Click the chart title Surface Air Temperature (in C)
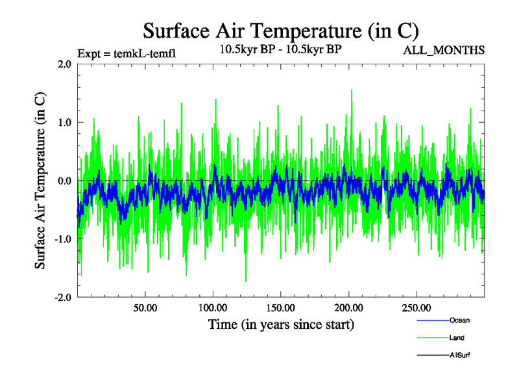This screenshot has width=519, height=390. tap(281, 31)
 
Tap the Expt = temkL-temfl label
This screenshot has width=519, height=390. tap(126, 53)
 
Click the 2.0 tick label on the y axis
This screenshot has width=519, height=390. tap(65, 64)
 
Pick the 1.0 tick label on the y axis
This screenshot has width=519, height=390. tap(65, 122)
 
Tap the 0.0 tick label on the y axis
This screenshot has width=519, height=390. tap(65, 181)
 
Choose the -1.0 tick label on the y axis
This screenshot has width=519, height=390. tap(63, 239)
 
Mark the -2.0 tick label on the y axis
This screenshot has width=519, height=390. tap(63, 297)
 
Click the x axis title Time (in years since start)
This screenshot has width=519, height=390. tap(281, 324)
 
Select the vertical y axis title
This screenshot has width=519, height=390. tap(40, 181)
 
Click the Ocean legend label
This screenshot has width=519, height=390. tap(459, 320)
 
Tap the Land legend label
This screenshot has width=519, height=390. tap(457, 338)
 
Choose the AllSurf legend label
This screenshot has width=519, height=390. tap(460, 356)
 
